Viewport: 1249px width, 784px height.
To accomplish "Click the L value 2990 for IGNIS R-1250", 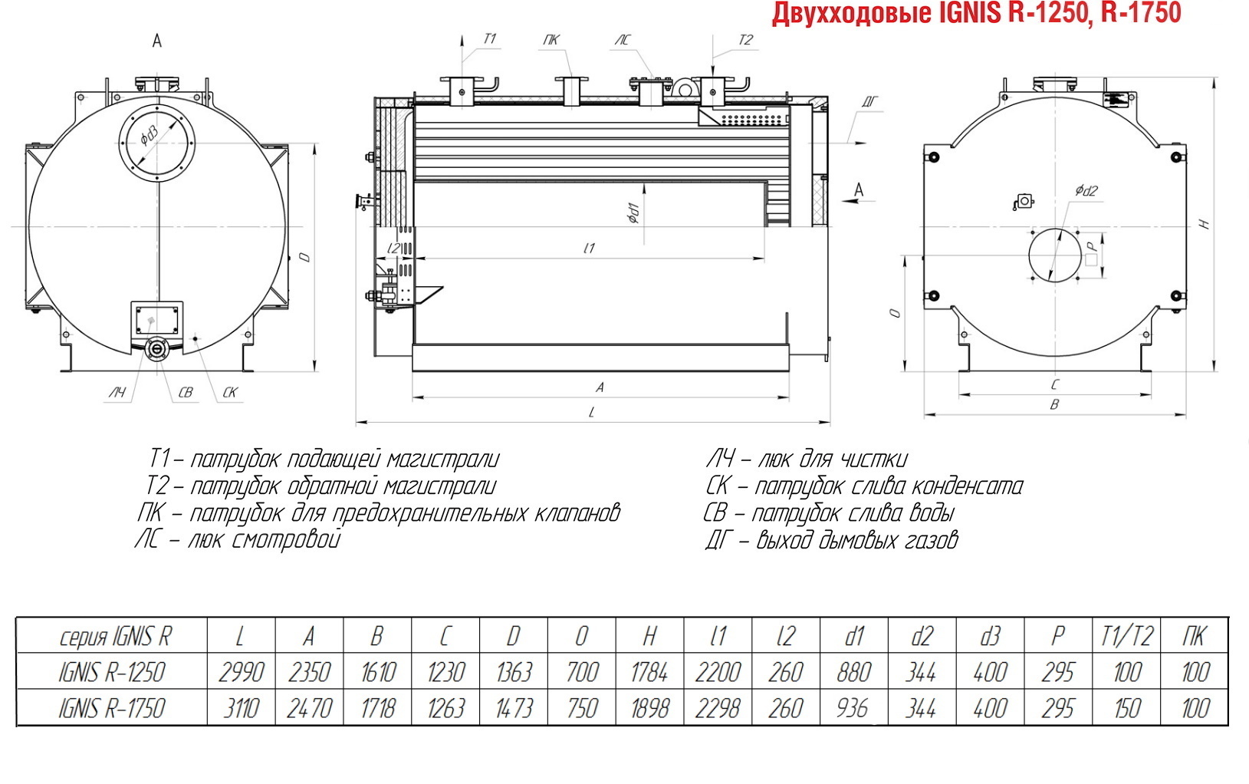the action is coord(241,672).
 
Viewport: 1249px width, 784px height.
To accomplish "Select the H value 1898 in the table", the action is coord(649,708).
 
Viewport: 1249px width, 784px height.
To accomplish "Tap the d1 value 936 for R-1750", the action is coord(853,708).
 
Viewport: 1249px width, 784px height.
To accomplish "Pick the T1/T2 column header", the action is coord(1126,636).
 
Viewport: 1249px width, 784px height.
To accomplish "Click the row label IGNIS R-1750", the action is coord(111,708).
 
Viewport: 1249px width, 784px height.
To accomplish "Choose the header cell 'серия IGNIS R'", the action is coord(116,636).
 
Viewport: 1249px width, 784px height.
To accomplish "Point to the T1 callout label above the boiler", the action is coord(489,38).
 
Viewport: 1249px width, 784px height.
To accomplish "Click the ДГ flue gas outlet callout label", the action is coord(869,101).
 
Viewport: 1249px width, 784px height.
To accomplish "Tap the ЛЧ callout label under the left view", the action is coord(117,393).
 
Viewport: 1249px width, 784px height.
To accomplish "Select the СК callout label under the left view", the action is coord(230,393).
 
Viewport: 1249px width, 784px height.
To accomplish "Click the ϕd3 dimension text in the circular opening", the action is coord(149,136).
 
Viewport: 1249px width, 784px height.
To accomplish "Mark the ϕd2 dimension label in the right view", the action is coord(1086,191).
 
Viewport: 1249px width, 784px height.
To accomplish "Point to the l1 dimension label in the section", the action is coord(590,248).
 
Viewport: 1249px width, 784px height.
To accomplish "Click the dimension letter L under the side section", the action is coord(592,413).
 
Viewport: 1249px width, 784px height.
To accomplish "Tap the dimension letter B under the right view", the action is coord(1054,404).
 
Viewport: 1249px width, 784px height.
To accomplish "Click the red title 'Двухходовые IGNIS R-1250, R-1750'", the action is coord(976,13).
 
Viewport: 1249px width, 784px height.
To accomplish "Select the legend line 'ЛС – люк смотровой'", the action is coord(238,540).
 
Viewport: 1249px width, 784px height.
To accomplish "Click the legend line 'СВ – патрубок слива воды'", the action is coord(829,513).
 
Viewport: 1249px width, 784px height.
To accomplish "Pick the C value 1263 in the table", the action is coord(446,708).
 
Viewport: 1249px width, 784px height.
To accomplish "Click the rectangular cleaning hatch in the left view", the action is coord(156,320).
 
